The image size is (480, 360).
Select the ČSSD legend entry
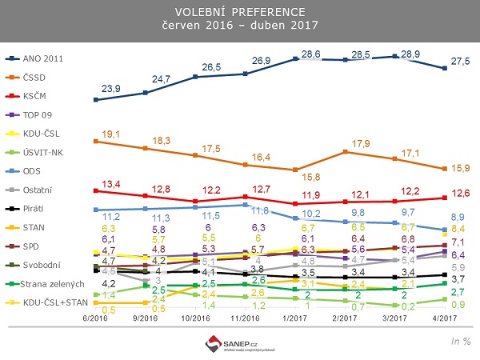click(x=37, y=77)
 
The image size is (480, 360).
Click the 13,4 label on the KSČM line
click(x=109, y=184)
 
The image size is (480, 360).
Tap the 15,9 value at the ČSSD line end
click(x=458, y=168)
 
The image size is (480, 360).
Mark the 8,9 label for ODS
click(x=458, y=217)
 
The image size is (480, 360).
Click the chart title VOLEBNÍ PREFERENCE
click(x=239, y=13)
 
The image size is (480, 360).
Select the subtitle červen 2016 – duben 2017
click(x=239, y=26)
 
